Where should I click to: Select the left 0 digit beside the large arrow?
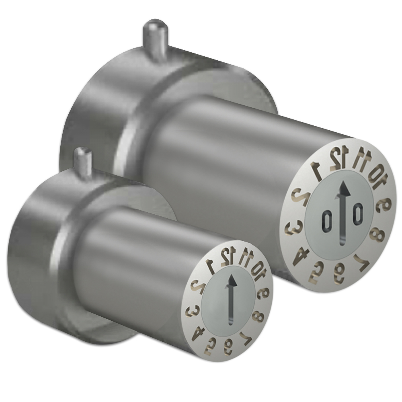click(x=326, y=220)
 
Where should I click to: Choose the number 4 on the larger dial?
click(x=300, y=256)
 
